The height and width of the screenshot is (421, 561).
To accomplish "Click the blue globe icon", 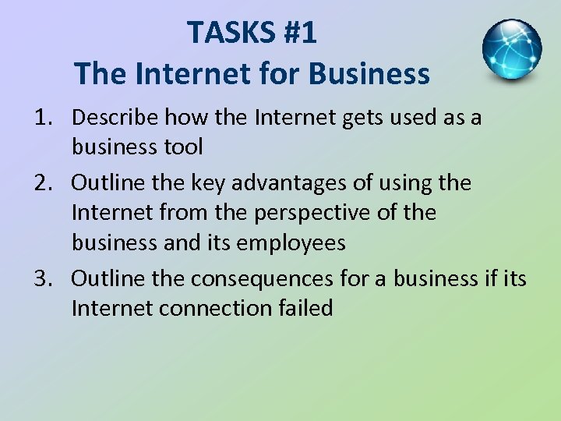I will pyautogui.click(x=512, y=50).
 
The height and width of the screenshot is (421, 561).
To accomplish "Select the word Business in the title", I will pyautogui.click(x=369, y=74).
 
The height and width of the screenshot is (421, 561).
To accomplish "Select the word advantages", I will pyautogui.click(x=302, y=183).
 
